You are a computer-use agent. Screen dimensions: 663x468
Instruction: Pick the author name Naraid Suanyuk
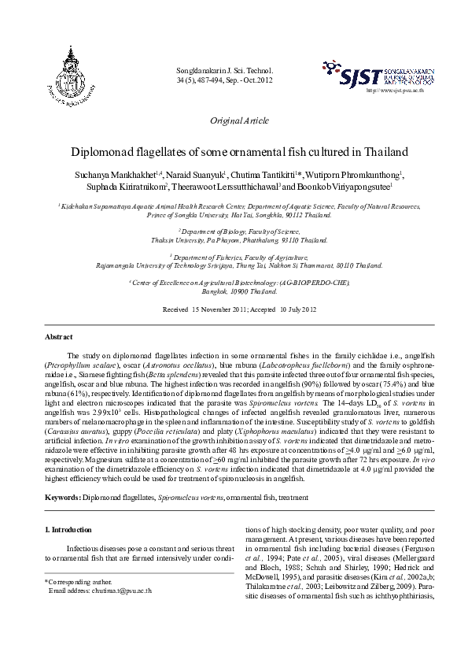tap(182, 174)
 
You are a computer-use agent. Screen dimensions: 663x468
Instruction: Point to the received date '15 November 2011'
tap(222, 309)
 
